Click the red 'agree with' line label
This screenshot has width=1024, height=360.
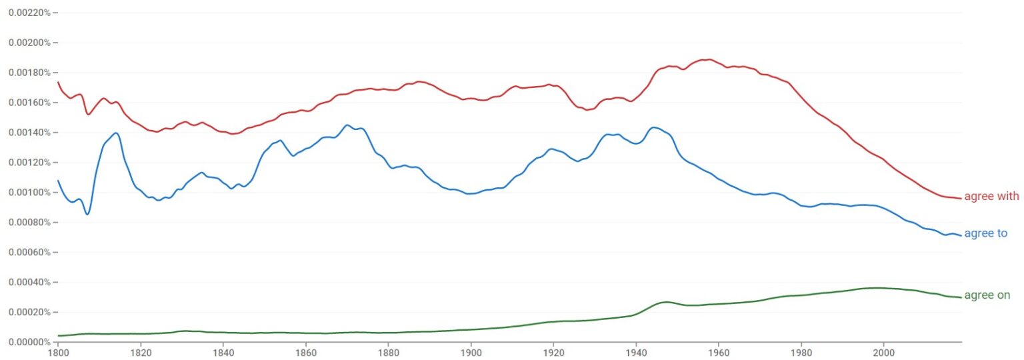click(x=991, y=197)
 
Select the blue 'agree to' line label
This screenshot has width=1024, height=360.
click(x=985, y=233)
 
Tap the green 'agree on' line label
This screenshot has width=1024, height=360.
click(x=987, y=295)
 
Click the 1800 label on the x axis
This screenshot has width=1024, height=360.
click(x=58, y=351)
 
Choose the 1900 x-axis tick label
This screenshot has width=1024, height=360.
click(x=471, y=351)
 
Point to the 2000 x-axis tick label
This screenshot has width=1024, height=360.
click(x=883, y=351)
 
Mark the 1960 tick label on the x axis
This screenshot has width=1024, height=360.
click(x=719, y=351)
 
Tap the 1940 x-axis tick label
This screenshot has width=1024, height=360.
click(x=636, y=351)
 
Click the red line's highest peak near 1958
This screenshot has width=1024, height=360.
click(x=709, y=59)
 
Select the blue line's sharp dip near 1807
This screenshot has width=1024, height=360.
click(x=87, y=214)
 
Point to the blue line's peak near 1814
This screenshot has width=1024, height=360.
click(x=116, y=133)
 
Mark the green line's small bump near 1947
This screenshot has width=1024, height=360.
click(x=665, y=302)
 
